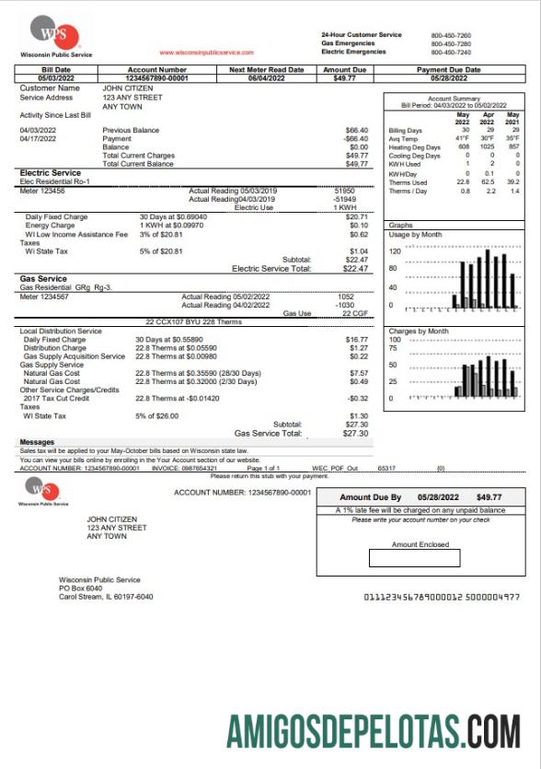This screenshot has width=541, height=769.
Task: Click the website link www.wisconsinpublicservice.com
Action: pos(206,52)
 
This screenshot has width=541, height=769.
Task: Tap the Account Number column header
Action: pos(157,69)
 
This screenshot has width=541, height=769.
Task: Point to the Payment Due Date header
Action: pos(448,69)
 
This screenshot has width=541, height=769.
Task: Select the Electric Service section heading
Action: pos(51,172)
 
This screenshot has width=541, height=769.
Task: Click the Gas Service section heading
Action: pos(42,278)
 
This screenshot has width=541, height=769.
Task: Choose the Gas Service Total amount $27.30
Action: pos(355,433)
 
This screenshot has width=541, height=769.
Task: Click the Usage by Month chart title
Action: pos(415,235)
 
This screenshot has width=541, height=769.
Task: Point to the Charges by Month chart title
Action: pos(419,331)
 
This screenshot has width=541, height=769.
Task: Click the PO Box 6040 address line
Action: pos(81,588)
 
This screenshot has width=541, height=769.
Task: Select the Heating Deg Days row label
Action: pos(414,147)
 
